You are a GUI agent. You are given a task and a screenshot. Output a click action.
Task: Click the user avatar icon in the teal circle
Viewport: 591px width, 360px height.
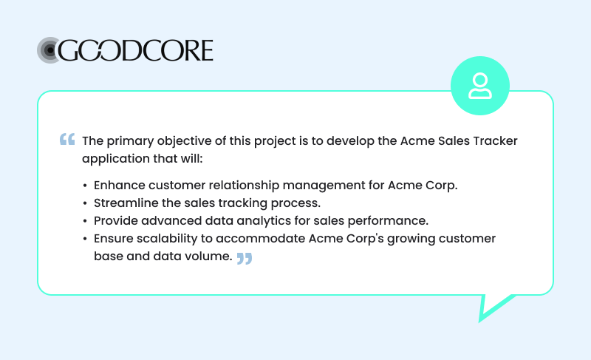[480, 86]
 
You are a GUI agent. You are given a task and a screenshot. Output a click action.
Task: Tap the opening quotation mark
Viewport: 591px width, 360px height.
[67, 139]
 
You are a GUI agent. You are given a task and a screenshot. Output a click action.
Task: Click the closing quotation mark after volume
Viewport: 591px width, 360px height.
[245, 258]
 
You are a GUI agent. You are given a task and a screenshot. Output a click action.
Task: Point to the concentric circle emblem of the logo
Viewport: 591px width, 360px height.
[49, 50]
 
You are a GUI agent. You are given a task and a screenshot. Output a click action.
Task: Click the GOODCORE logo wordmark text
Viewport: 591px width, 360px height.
[137, 50]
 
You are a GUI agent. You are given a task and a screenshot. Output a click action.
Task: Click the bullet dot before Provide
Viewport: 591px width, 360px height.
[86, 221]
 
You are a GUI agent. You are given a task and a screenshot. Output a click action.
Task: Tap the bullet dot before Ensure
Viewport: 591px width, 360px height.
[86, 239]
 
